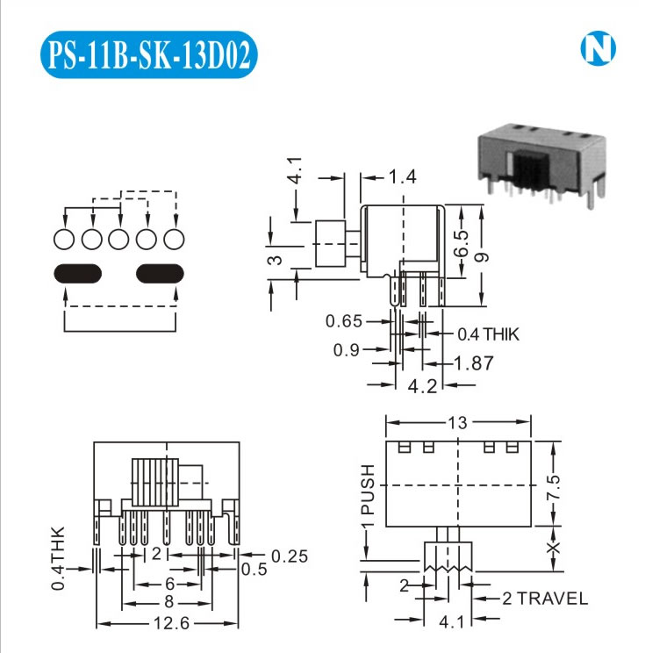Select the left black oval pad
click(x=77, y=273)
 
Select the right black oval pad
click(x=161, y=273)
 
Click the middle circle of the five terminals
click(x=119, y=239)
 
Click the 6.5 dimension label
click(x=462, y=238)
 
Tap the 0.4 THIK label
click(x=488, y=334)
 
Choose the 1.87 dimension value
click(x=474, y=362)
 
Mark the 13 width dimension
click(x=457, y=423)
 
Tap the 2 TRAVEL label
click(x=545, y=599)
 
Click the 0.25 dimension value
click(x=289, y=556)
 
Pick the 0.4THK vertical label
click(x=58, y=558)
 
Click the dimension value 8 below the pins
click(x=168, y=602)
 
